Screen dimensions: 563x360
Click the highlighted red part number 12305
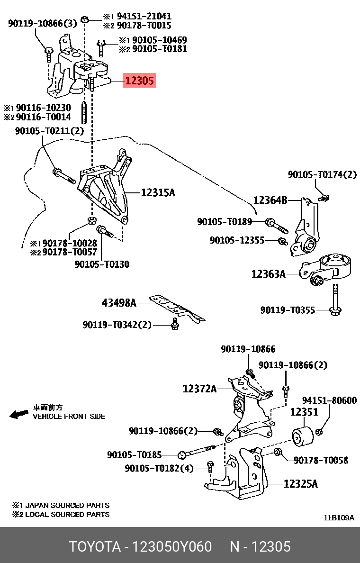(139, 81)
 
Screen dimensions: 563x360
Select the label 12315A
(158, 192)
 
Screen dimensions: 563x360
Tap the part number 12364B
(270, 200)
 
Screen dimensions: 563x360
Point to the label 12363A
(268, 273)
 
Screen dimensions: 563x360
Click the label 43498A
(119, 302)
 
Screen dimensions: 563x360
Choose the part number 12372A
(199, 389)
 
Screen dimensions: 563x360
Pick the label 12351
(304, 412)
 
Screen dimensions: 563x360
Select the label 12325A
(301, 484)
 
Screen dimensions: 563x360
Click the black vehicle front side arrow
(19, 414)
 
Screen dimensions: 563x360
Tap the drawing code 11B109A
(339, 518)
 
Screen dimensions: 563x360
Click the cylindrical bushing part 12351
(301, 436)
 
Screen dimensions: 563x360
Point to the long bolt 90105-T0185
(199, 452)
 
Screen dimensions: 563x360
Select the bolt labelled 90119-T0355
(335, 299)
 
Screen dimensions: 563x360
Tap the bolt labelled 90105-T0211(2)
(63, 175)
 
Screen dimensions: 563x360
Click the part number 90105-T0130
(102, 264)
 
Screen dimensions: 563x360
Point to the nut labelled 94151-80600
(319, 431)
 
